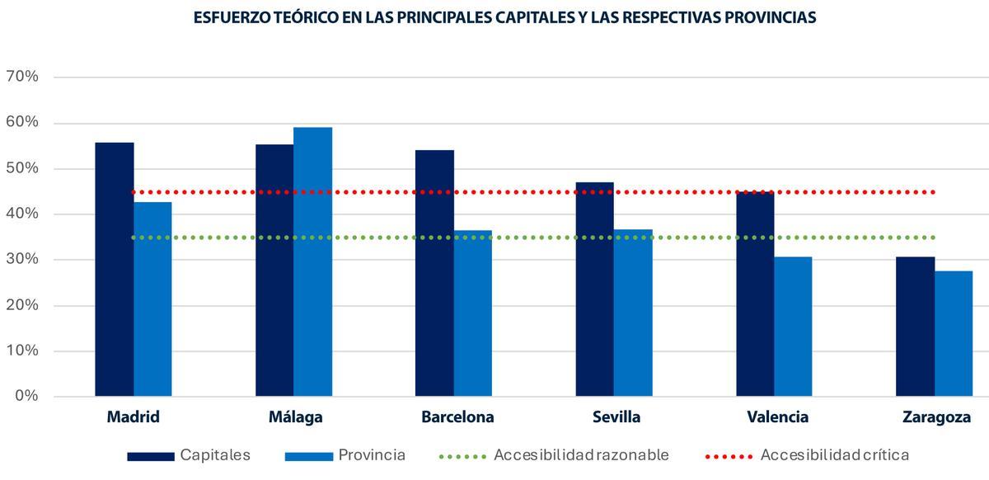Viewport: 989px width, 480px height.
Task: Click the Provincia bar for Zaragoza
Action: [x=954, y=333]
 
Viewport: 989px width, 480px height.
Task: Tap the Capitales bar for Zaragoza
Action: [x=915, y=327]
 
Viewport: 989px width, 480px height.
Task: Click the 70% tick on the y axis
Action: [x=22, y=77]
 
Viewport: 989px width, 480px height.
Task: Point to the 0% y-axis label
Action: [x=26, y=397]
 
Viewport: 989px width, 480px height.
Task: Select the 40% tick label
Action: [x=22, y=214]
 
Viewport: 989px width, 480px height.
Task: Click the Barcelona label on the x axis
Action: [x=457, y=417]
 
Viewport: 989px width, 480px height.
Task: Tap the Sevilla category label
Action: [x=616, y=417]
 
